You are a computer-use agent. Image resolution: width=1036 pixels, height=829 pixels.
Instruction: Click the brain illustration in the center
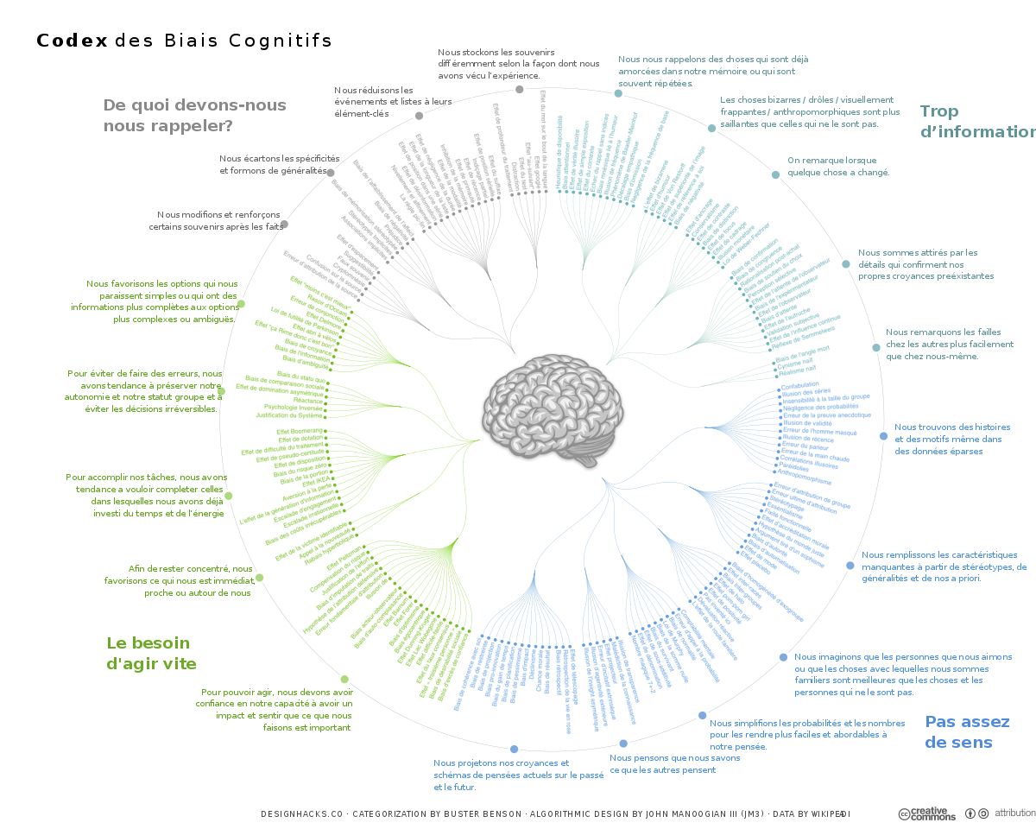[x=553, y=412]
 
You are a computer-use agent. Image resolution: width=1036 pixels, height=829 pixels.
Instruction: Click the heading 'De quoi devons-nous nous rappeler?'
[x=194, y=115]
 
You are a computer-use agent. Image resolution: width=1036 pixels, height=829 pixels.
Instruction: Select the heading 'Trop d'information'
[x=976, y=121]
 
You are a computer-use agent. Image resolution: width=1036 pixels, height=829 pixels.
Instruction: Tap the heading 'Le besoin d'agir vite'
[x=151, y=653]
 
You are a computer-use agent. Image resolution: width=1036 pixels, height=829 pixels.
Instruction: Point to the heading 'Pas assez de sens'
[x=967, y=731]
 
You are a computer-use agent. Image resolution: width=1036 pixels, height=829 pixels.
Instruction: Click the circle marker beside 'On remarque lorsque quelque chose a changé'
[x=775, y=174]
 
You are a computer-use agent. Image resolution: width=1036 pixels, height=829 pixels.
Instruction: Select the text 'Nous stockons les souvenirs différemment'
[x=518, y=64]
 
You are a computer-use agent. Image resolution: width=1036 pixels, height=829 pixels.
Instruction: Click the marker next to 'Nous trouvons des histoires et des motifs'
[x=883, y=436]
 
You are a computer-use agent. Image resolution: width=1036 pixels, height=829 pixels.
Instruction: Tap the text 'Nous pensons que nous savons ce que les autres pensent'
[x=675, y=763]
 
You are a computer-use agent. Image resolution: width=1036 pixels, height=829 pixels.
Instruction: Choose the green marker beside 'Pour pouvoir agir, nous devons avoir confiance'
[x=344, y=679]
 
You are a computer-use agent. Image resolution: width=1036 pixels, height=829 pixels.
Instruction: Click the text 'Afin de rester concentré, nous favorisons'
[x=190, y=581]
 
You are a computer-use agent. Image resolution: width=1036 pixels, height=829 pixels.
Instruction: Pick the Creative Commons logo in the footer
[x=927, y=814]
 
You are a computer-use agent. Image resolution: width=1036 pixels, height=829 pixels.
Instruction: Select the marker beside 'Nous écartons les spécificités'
[x=330, y=173]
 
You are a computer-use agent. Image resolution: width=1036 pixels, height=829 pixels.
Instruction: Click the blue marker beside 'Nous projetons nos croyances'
[x=515, y=749]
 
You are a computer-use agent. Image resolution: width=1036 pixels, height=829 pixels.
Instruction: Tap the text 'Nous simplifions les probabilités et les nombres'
[x=807, y=734]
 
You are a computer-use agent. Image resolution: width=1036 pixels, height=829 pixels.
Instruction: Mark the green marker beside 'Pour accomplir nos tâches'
[x=229, y=496]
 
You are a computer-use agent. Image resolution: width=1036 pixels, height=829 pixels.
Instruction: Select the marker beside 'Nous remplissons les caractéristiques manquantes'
[x=850, y=565]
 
